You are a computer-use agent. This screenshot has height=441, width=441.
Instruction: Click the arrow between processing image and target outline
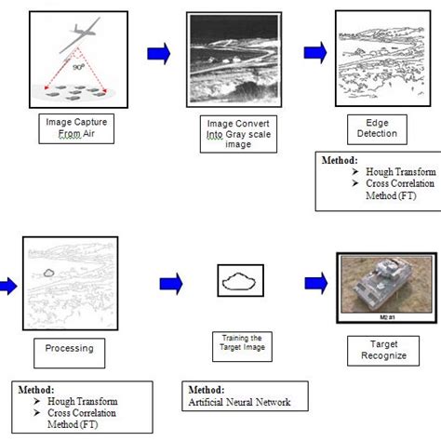pos(170,281)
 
